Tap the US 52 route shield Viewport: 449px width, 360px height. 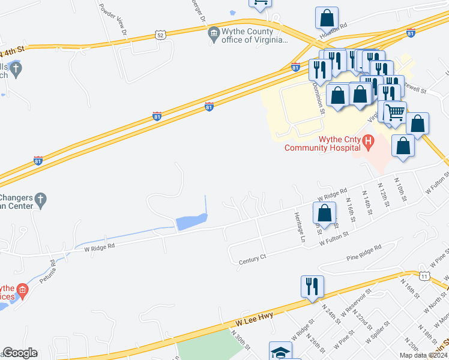(159, 36)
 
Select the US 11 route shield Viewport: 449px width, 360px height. (424, 276)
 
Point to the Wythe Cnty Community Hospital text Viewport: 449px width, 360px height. (323, 143)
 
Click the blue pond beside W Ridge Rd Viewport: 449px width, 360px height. (190, 223)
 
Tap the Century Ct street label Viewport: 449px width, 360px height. (252, 258)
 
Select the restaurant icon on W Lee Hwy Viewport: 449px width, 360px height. (313, 287)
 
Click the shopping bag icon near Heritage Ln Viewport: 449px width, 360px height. (325, 214)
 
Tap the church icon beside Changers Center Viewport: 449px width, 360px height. (40, 200)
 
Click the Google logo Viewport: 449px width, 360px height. (20, 353)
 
